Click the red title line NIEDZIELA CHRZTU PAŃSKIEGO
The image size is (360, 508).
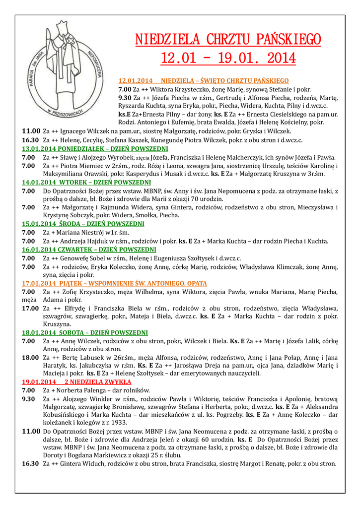click(228, 40)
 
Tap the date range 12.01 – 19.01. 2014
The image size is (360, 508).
click(228, 59)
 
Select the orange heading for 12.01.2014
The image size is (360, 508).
click(204, 80)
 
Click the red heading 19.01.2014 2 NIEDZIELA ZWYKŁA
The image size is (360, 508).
click(76, 382)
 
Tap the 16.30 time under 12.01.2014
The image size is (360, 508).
click(30, 140)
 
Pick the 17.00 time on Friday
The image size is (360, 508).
click(30, 308)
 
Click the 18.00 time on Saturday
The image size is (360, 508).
click(30, 357)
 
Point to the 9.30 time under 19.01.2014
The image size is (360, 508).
click(28, 398)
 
